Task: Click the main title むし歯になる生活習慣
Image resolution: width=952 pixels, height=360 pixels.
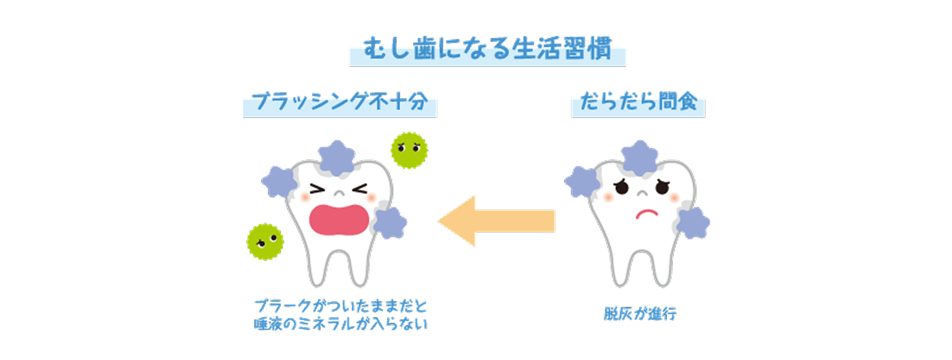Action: [x=487, y=49]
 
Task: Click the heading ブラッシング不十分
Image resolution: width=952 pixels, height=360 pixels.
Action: [x=340, y=102]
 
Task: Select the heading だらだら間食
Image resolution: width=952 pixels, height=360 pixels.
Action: [x=638, y=102]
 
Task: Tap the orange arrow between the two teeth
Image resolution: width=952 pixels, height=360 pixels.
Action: [x=497, y=221]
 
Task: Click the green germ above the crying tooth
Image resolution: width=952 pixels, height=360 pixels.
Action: [x=409, y=150]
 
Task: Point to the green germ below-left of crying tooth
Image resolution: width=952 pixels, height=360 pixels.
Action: [x=265, y=241]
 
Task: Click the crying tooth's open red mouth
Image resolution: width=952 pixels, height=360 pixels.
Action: [x=339, y=219]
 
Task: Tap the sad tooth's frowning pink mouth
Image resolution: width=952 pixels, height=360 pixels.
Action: [x=647, y=214]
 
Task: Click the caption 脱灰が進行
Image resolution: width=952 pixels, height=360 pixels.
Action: [x=640, y=313]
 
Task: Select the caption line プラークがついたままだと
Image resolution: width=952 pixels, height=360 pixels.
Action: [x=341, y=306]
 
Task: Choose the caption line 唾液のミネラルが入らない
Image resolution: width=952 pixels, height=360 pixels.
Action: [x=341, y=324]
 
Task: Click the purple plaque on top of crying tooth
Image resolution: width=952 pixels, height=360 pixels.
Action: [x=337, y=157]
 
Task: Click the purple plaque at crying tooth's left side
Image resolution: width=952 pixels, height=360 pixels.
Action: [x=279, y=182]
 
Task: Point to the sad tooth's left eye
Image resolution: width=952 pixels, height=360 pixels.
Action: [x=622, y=187]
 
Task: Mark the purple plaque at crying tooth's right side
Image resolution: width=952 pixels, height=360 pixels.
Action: [x=390, y=222]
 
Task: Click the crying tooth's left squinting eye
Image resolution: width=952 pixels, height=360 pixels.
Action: [x=317, y=189]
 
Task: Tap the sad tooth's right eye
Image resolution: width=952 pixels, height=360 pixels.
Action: [x=662, y=187]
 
